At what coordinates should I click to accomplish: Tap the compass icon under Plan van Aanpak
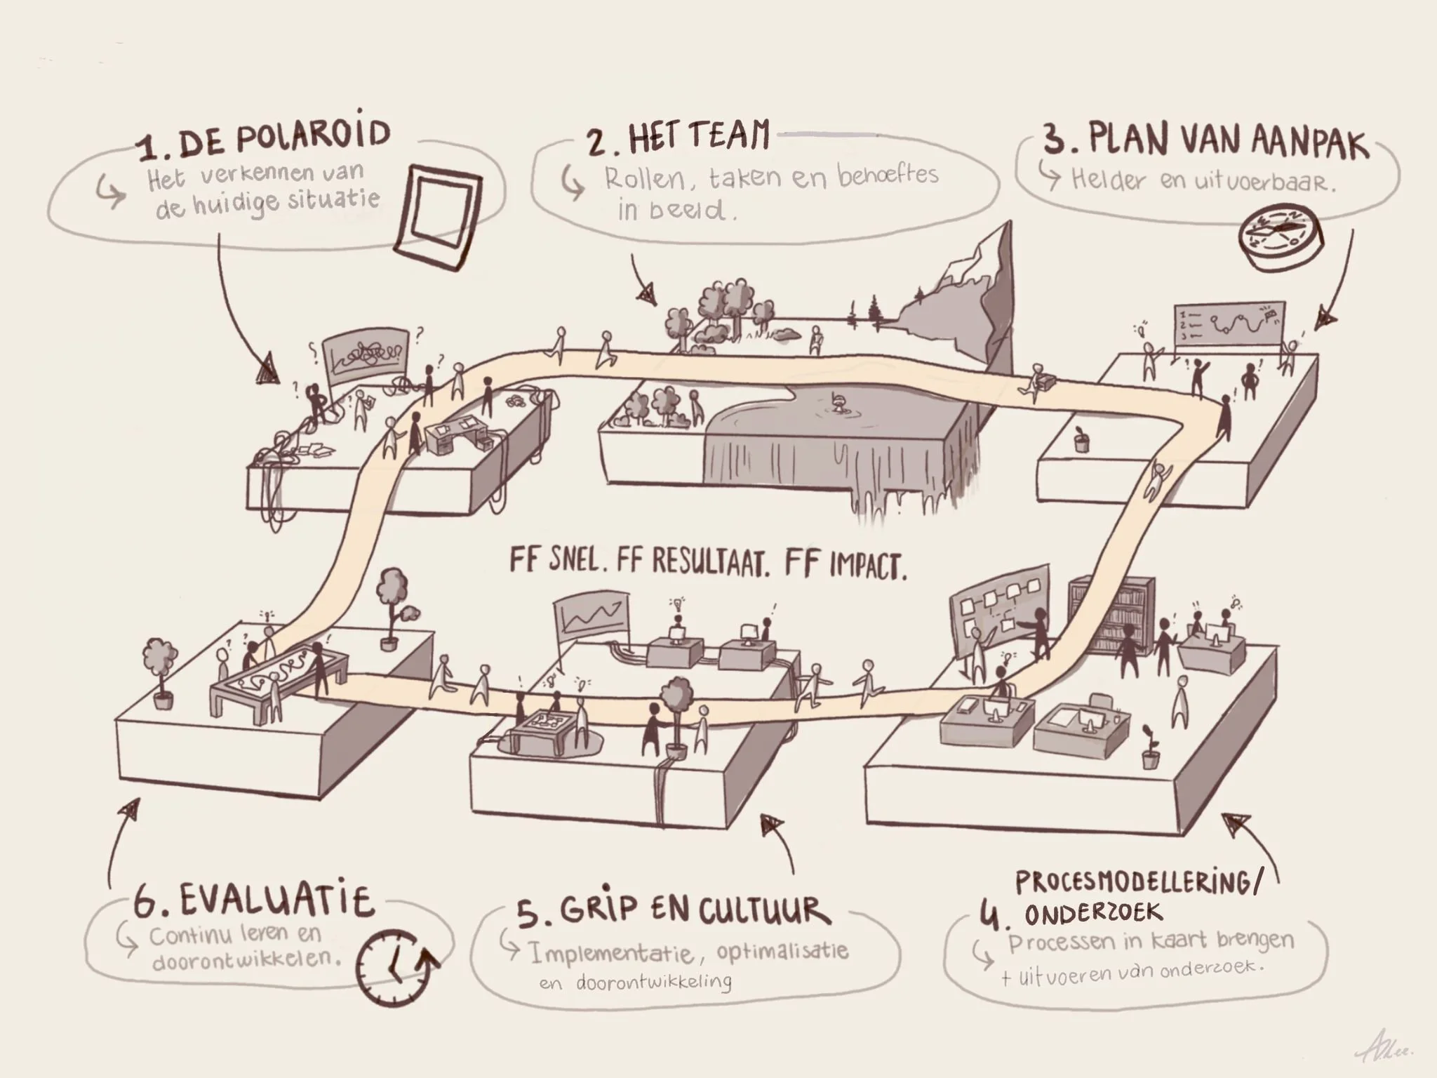click(x=1279, y=238)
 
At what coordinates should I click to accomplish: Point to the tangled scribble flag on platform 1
click(x=366, y=354)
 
